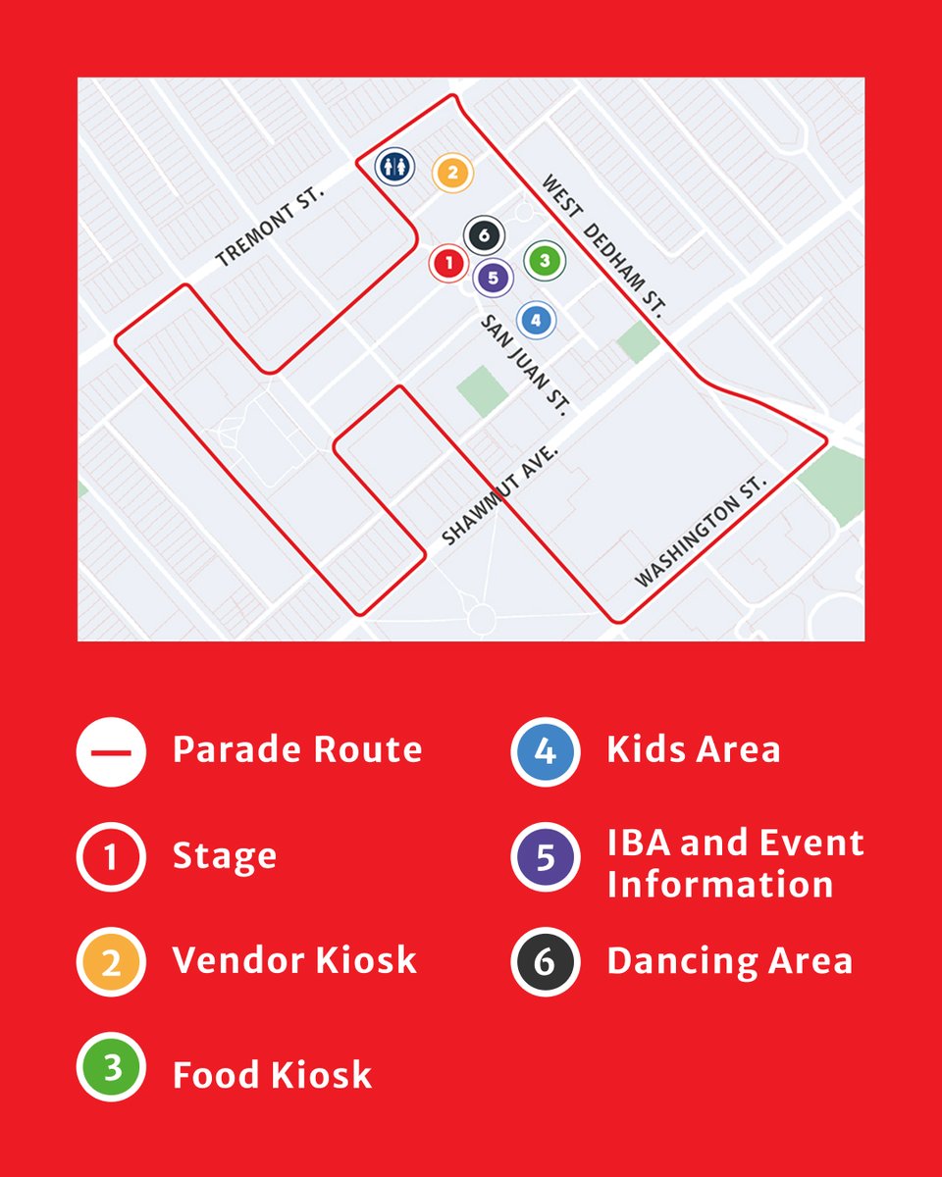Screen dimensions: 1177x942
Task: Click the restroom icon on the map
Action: pyautogui.click(x=394, y=166)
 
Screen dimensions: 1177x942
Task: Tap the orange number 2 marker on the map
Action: pyautogui.click(x=452, y=173)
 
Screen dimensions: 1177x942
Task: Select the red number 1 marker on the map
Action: pyautogui.click(x=447, y=262)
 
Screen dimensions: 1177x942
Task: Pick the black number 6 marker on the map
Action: pyautogui.click(x=484, y=235)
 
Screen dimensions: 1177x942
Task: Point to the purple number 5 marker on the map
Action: pyautogui.click(x=493, y=278)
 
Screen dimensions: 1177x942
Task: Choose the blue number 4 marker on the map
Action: pyautogui.click(x=536, y=319)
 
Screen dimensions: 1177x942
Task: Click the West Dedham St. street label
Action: pyautogui.click(x=603, y=246)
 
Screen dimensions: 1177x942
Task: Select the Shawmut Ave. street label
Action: pyautogui.click(x=499, y=494)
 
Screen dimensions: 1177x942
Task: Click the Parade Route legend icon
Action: pyautogui.click(x=111, y=751)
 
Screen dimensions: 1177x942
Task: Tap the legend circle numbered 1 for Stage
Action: pyautogui.click(x=111, y=856)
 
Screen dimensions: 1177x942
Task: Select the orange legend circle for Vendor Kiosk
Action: pyautogui.click(x=111, y=961)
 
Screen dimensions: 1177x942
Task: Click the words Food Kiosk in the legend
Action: pyautogui.click(x=273, y=1075)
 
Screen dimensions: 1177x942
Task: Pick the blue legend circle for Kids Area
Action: pyautogui.click(x=546, y=751)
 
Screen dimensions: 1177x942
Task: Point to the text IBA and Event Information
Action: pyautogui.click(x=735, y=863)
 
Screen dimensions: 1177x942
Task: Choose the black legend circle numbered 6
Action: pyautogui.click(x=546, y=961)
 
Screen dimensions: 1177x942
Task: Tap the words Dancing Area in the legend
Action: pyautogui.click(x=729, y=961)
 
